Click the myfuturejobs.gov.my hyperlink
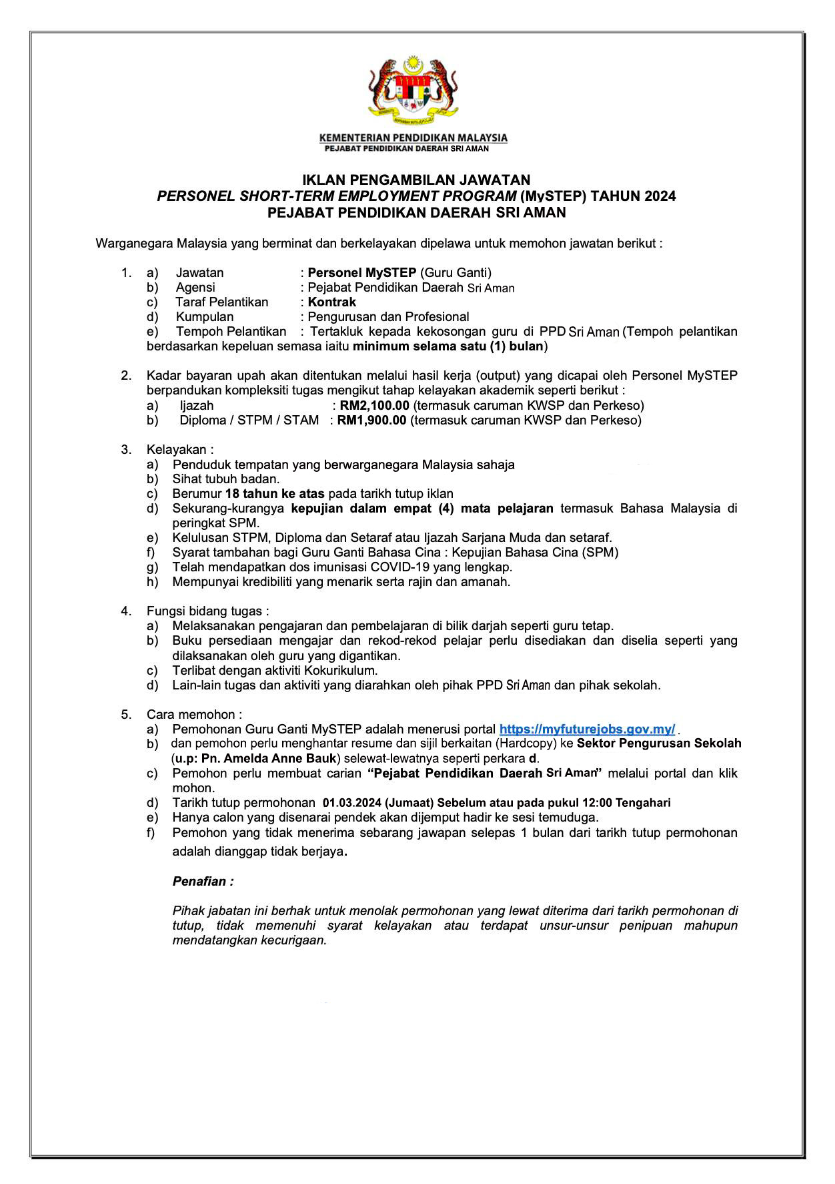[x=587, y=729]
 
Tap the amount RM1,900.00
[x=371, y=420]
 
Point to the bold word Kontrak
[x=332, y=302]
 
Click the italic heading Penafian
[x=203, y=882]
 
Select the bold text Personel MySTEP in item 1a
[x=362, y=272]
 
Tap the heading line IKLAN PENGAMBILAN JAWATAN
[x=416, y=180]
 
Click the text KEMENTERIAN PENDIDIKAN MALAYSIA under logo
[x=413, y=138]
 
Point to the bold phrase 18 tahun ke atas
[x=275, y=494]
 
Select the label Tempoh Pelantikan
[x=231, y=331]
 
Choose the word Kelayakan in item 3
[x=177, y=450]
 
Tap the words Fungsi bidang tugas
[x=207, y=611]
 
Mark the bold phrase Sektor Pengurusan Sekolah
[x=659, y=743]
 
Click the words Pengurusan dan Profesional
[x=388, y=316]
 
